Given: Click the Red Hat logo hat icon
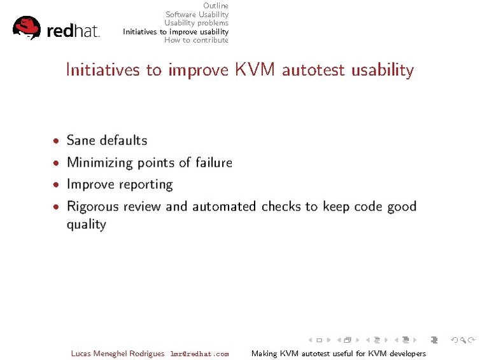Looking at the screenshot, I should click(x=26, y=27).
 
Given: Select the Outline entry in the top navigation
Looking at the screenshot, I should click(x=215, y=6).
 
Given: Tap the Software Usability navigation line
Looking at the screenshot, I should click(x=197, y=15).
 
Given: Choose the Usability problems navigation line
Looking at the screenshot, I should click(x=196, y=23).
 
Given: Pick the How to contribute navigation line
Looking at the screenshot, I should click(x=196, y=40).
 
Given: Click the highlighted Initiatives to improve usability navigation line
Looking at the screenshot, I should click(x=176, y=32).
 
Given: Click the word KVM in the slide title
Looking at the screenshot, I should click(x=255, y=69).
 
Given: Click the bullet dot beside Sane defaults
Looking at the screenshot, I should click(x=57, y=141).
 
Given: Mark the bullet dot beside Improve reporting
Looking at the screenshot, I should click(x=57, y=185).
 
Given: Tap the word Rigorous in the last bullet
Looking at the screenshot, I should click(x=92, y=207).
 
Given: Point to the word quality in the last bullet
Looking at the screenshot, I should click(x=86, y=225).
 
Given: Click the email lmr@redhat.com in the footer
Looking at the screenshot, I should click(x=199, y=354).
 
